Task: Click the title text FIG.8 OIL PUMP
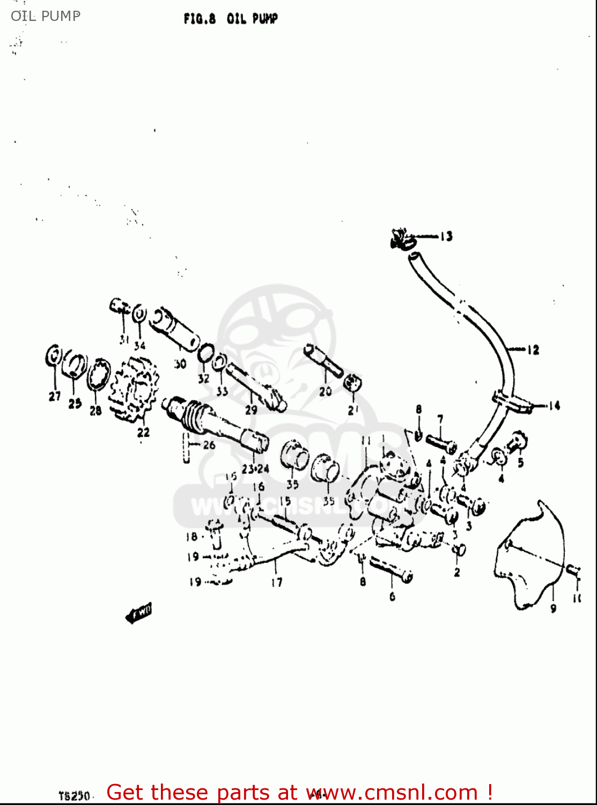coord(231,19)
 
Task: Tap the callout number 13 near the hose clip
coord(446,236)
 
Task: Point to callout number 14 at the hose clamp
coord(554,406)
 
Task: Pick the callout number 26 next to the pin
coord(209,444)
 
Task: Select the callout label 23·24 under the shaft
coord(255,469)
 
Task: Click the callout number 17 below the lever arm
coord(276,582)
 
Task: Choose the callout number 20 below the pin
coord(325,392)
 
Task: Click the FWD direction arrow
coord(138,612)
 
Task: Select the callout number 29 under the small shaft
coord(251,409)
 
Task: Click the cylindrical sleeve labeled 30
coord(174,328)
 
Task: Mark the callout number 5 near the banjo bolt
coord(520,462)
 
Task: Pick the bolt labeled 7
coord(441,444)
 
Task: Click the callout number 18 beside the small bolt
coord(191,537)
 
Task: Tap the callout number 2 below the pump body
coord(456,573)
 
